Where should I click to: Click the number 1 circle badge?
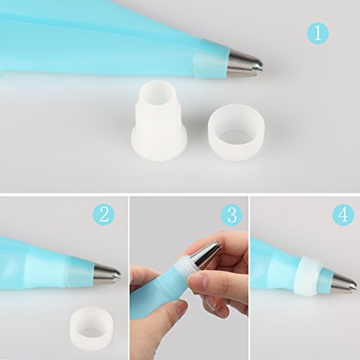pos(318,33)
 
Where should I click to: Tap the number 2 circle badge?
pos(104,215)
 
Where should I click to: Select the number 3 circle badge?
pos(232,215)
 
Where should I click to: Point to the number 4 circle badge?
pos(343,215)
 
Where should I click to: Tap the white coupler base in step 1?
pos(160,121)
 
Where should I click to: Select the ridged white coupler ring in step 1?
pos(236,132)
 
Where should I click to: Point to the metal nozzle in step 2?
pos(107,274)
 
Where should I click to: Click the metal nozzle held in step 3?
pos(208,254)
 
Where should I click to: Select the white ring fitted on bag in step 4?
pos(307,276)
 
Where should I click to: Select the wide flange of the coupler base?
pos(160,145)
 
